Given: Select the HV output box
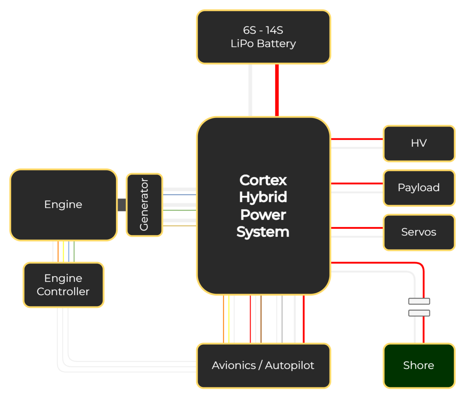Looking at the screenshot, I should (x=419, y=143).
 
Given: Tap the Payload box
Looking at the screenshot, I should (x=419, y=188).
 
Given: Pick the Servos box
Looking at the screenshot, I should (x=419, y=232).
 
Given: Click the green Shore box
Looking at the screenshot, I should (x=419, y=365).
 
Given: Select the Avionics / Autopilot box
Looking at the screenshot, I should (x=263, y=365).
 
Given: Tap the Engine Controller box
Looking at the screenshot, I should (x=63, y=285).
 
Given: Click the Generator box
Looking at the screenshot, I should (x=144, y=204).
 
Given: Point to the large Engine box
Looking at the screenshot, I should (x=63, y=204).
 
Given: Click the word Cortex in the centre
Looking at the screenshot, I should (x=263, y=180).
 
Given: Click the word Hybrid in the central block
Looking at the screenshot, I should (x=263, y=197).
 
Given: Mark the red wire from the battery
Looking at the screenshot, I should (x=277, y=90).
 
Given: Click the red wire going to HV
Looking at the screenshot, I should (x=357, y=139).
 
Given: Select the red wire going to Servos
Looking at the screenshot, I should (x=357, y=228).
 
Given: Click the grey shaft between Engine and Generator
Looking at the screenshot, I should (x=122, y=205).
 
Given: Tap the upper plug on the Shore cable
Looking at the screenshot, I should (x=419, y=301).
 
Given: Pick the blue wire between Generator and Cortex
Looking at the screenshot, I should (x=179, y=195).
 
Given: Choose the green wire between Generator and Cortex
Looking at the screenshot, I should (x=179, y=210).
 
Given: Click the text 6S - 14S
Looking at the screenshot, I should (x=263, y=30).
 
